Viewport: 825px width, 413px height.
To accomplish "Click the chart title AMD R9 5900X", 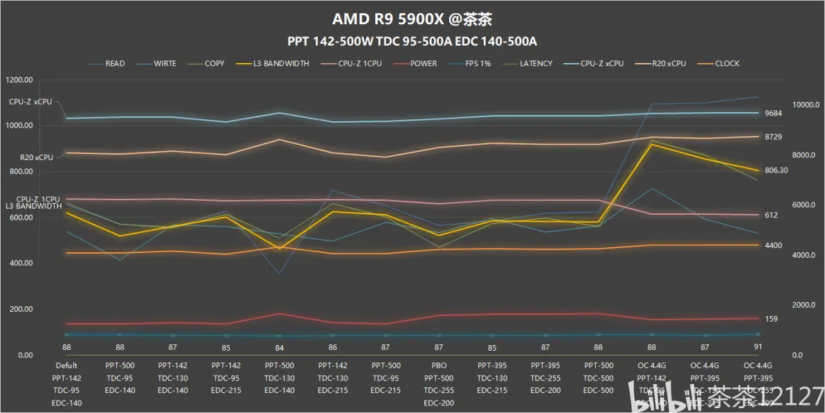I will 412,18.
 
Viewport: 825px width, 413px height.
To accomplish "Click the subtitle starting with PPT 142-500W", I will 412,41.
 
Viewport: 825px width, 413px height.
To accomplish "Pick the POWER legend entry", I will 423,64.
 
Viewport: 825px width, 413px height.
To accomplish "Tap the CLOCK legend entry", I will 727,64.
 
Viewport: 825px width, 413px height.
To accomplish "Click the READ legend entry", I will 115,64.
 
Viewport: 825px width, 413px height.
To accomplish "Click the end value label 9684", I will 773,114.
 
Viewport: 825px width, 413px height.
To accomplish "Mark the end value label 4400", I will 773,245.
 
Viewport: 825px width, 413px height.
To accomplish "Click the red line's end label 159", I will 771,319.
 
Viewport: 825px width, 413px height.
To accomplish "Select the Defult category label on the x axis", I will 66,365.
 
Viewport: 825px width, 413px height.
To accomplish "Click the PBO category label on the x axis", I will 439,365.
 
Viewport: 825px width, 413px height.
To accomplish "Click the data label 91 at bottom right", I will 758,346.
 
